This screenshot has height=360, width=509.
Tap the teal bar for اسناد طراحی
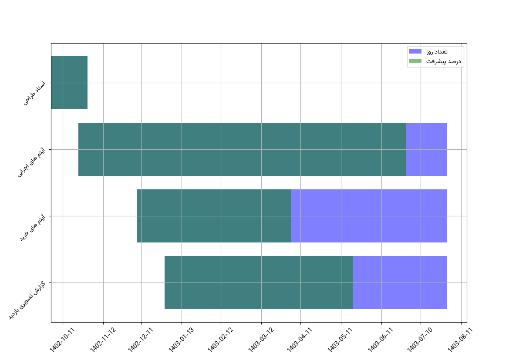(x=69, y=82)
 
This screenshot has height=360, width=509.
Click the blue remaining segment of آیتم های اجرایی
(x=426, y=149)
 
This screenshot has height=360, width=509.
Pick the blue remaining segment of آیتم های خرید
(x=369, y=216)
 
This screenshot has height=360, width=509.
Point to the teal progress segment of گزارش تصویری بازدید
(x=259, y=283)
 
